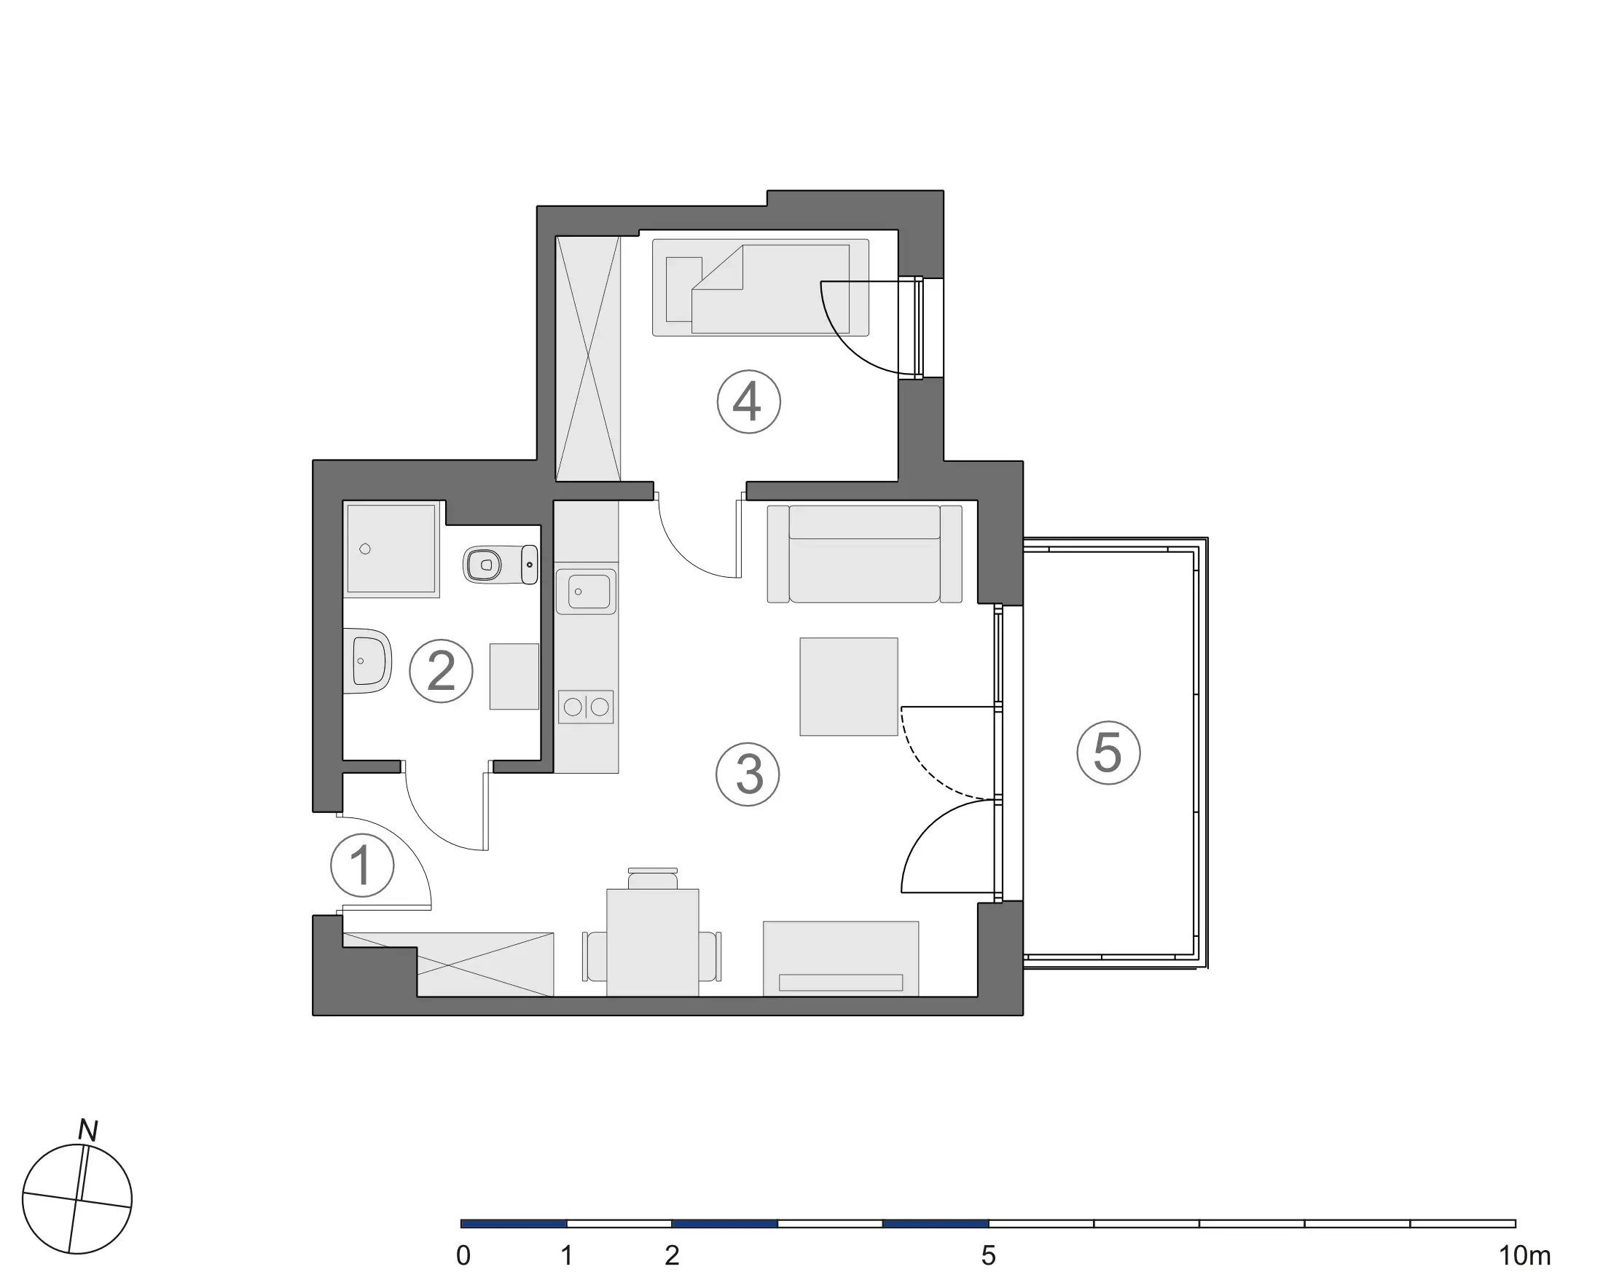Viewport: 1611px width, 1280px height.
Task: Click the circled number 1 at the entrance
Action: pyautogui.click(x=362, y=865)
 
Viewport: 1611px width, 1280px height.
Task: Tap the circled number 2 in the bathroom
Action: pyautogui.click(x=441, y=671)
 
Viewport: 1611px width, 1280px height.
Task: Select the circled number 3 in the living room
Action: pyautogui.click(x=748, y=774)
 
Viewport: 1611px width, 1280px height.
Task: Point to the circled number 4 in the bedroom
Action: pyautogui.click(x=749, y=401)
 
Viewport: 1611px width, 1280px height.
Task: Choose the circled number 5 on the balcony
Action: pyautogui.click(x=1108, y=753)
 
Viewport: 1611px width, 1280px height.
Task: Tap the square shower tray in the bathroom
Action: pyautogui.click(x=391, y=549)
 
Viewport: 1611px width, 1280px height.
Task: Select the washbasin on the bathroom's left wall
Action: pyautogui.click(x=369, y=661)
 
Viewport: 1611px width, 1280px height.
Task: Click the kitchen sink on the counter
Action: pyautogui.click(x=588, y=592)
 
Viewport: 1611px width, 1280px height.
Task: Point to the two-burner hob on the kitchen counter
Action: pyautogui.click(x=586, y=706)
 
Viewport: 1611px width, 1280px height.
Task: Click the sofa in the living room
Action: pyautogui.click(x=865, y=554)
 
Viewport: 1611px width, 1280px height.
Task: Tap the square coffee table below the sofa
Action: pyautogui.click(x=849, y=686)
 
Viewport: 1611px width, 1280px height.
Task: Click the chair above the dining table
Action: pyautogui.click(x=652, y=879)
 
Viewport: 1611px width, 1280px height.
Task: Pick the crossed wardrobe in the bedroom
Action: pyautogui.click(x=589, y=358)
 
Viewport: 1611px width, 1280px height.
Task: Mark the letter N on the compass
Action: pyautogui.click(x=88, y=1131)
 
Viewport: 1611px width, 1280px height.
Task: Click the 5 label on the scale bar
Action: pyautogui.click(x=989, y=1256)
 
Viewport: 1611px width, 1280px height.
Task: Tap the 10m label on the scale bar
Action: pyautogui.click(x=1524, y=1256)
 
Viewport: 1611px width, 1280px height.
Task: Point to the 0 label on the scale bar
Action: pyautogui.click(x=463, y=1256)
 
